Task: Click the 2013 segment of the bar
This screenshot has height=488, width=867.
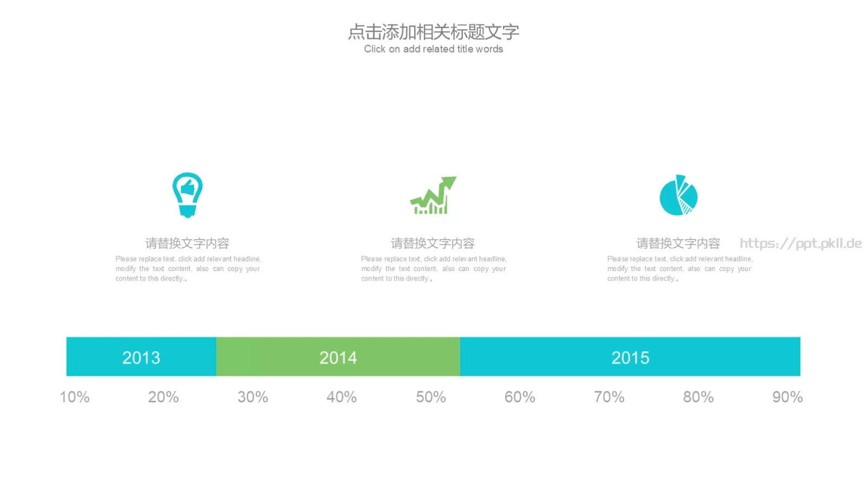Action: tap(141, 356)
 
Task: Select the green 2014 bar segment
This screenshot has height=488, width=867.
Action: tap(338, 356)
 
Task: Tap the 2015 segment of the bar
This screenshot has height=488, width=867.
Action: tap(630, 356)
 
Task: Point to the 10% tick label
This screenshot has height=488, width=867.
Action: tap(75, 397)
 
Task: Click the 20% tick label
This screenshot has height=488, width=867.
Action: tap(163, 397)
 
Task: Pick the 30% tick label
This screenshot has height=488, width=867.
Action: tap(253, 397)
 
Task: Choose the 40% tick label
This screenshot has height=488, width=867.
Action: tap(342, 397)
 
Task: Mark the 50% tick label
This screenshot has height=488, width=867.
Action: tap(431, 397)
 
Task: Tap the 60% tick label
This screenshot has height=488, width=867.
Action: tap(520, 397)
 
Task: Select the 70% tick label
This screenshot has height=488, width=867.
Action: tap(609, 397)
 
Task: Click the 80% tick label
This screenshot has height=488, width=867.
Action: tap(698, 397)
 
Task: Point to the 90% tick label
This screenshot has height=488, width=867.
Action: tap(788, 397)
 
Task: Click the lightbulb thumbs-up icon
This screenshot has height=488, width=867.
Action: tap(187, 195)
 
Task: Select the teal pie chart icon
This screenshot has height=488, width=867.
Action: tap(678, 195)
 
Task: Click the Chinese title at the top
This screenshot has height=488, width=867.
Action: tap(433, 32)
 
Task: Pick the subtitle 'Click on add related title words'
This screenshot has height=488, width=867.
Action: tap(433, 49)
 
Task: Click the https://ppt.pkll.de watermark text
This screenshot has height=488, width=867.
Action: tap(801, 243)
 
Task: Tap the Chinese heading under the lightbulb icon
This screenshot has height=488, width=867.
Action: tap(187, 243)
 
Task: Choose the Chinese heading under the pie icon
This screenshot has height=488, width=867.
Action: tap(678, 243)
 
